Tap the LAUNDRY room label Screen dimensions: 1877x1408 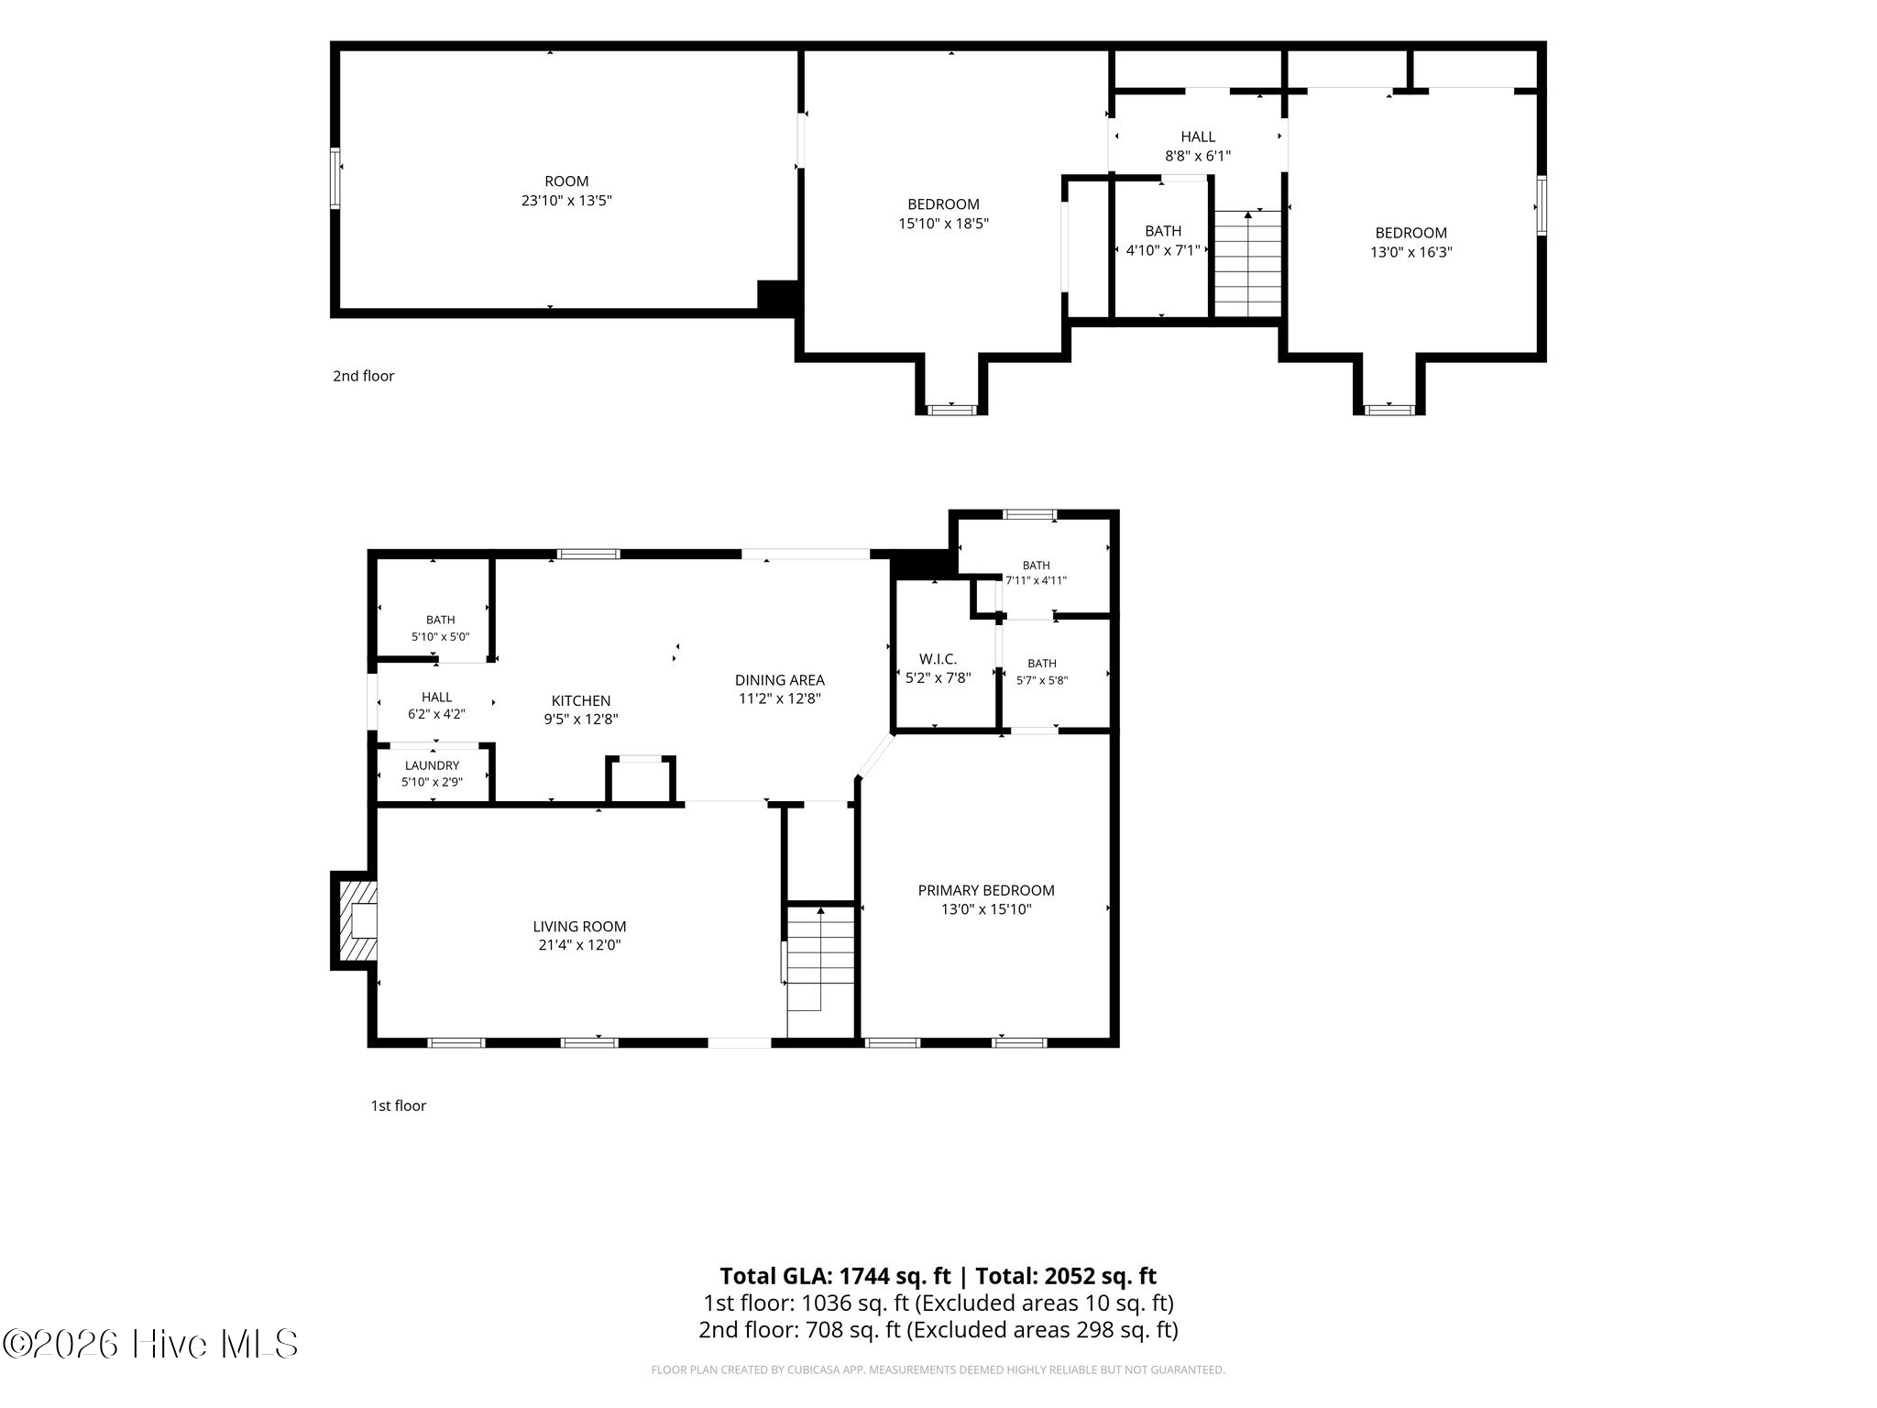432,765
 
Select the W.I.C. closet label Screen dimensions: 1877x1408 938,659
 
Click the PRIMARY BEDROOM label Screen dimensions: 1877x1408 986,890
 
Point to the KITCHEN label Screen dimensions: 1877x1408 581,701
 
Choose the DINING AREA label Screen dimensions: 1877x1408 780,680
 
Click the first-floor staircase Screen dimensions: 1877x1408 820,957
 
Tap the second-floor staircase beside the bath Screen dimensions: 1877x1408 1247,263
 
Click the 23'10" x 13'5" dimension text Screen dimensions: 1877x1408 566,201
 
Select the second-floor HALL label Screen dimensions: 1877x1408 1198,137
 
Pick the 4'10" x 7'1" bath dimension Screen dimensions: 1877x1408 1163,250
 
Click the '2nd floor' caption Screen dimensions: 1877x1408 364,376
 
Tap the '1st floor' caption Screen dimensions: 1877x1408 399,1105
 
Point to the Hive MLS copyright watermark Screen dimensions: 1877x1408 150,1345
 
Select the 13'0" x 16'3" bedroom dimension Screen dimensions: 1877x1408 1411,252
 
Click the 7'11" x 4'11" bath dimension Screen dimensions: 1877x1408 1037,580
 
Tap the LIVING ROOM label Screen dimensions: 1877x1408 580,927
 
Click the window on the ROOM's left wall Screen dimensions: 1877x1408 335,178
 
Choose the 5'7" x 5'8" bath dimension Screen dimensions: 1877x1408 1042,680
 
